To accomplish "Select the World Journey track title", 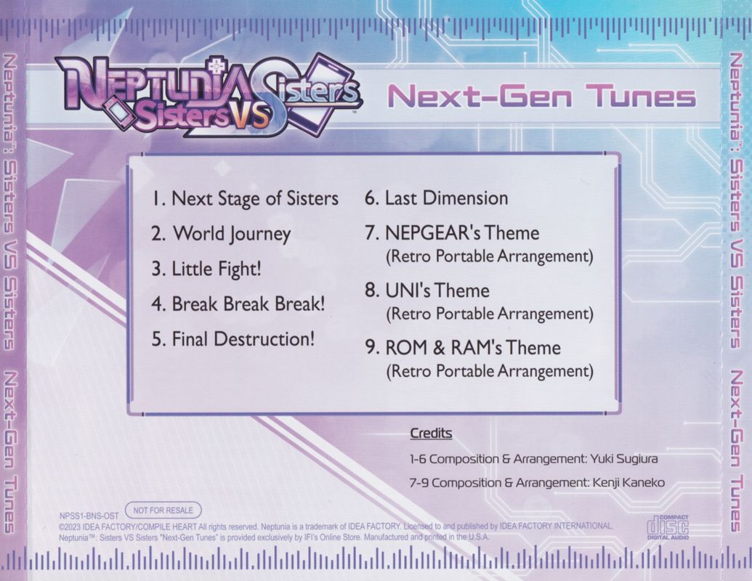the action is tap(221, 234).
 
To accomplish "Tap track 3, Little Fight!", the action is tap(206, 269).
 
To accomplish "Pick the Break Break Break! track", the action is tap(238, 304).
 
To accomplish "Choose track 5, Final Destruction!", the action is tap(233, 339).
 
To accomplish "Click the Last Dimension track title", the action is tap(437, 198).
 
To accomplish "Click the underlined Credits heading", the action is tap(431, 434).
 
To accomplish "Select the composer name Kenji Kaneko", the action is tap(629, 483).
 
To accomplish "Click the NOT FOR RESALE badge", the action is tap(163, 511).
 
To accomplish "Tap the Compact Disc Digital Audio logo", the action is tap(668, 527).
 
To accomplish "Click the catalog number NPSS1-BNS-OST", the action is tap(89, 517).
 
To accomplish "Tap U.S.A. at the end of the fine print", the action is tap(479, 537).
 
